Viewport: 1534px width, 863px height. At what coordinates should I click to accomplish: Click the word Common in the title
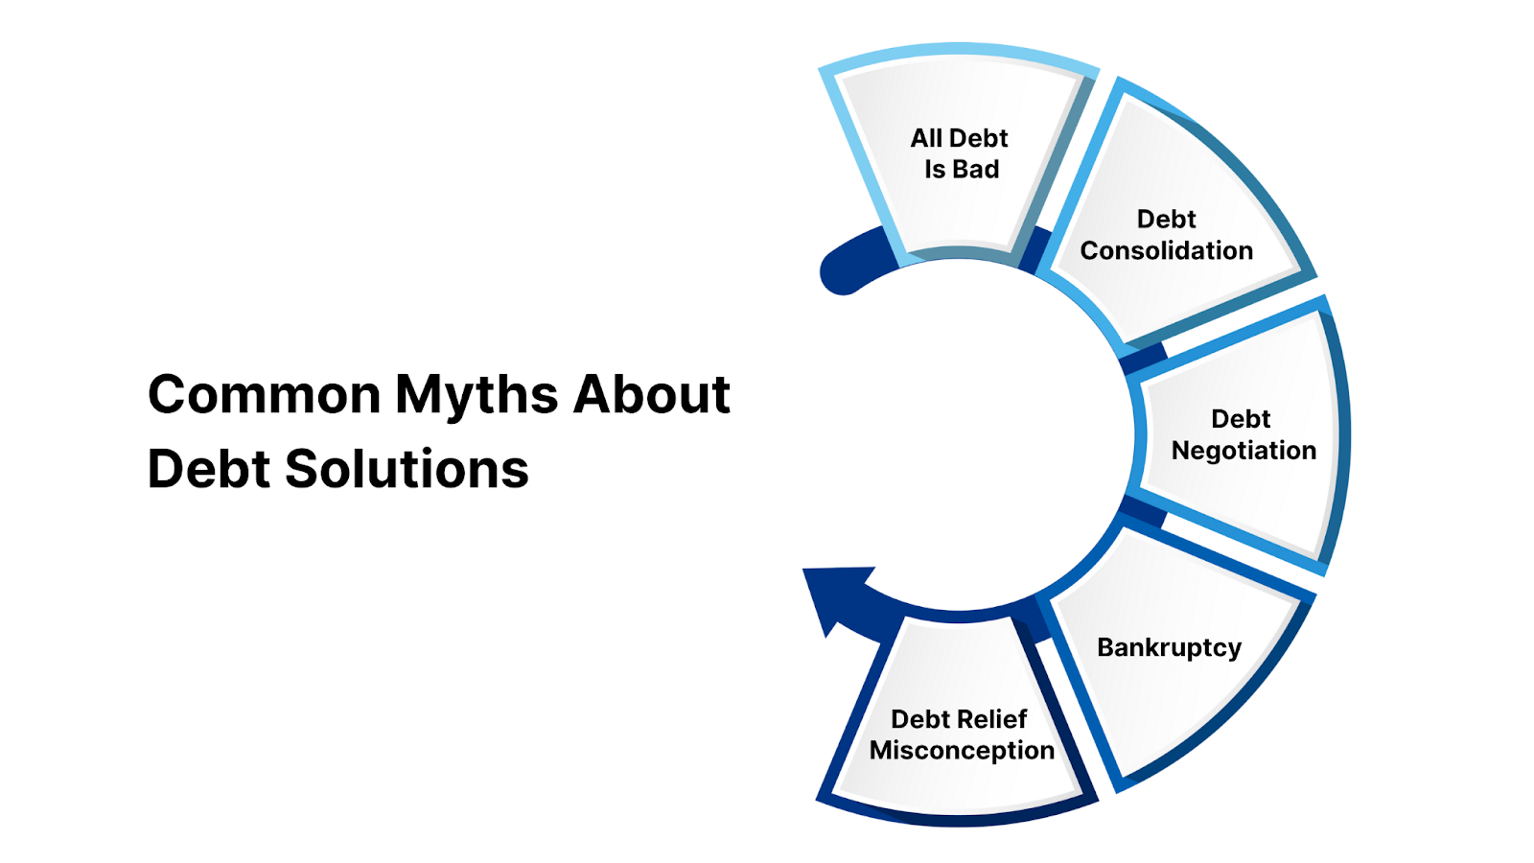pos(265,394)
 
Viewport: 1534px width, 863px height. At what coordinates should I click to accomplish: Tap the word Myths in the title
pos(476,396)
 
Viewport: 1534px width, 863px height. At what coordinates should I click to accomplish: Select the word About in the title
pos(652,394)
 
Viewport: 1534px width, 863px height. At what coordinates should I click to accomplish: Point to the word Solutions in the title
pos(407,469)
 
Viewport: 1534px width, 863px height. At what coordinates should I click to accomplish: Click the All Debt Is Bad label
pos(960,153)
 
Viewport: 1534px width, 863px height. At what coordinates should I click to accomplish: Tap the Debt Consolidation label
pos(1166,235)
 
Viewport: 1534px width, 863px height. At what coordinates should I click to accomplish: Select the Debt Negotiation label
pos(1243,434)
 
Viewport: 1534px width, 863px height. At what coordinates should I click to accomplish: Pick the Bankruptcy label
pos(1169,648)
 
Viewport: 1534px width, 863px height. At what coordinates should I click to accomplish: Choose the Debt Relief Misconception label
pos(961,735)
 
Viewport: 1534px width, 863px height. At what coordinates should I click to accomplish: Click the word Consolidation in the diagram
pos(1166,251)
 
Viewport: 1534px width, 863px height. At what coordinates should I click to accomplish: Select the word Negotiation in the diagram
pos(1243,451)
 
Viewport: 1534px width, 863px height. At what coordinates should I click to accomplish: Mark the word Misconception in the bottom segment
pos(962,751)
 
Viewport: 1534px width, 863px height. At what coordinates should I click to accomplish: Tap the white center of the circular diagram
pos(959,436)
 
